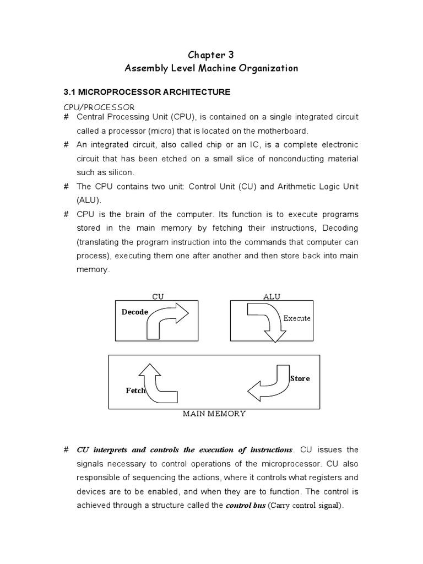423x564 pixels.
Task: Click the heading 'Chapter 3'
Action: (x=211, y=55)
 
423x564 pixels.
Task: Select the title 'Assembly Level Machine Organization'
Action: (x=211, y=68)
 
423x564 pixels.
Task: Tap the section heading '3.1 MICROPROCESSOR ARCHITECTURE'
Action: (x=145, y=92)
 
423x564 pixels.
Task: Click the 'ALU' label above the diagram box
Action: (x=272, y=296)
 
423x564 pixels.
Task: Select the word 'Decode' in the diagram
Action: (x=135, y=312)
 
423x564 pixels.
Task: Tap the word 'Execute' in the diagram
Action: (x=297, y=318)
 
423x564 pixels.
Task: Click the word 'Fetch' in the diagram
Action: (x=135, y=391)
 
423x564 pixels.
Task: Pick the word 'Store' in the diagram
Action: (x=300, y=378)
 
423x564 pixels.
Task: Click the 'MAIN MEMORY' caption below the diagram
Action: (x=214, y=414)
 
